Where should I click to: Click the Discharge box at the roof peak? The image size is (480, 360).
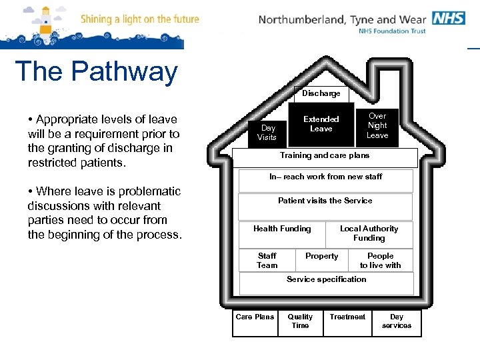(321, 94)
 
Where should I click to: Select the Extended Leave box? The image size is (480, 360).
(321, 124)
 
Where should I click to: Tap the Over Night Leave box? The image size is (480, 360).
(377, 125)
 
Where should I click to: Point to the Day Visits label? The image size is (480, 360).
(267, 132)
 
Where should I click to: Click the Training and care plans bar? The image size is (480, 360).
(325, 156)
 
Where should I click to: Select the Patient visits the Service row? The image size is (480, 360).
(325, 201)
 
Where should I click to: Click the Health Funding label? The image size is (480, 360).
(282, 229)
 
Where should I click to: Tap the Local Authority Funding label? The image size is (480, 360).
(369, 233)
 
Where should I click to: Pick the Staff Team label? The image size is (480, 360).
(267, 261)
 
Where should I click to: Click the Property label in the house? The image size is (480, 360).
(321, 257)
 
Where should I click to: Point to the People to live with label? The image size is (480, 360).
(381, 261)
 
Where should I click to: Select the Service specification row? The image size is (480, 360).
(327, 280)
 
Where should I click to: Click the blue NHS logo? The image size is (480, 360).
(448, 18)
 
